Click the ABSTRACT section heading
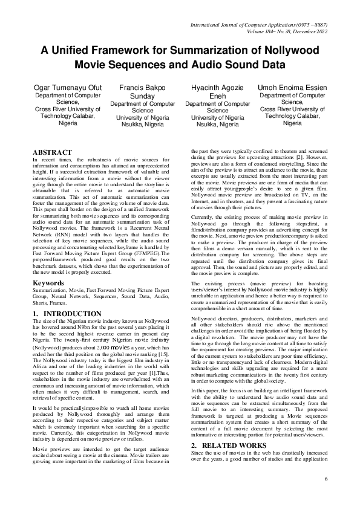(52, 152)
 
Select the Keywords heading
(49, 282)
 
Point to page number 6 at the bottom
(326, 479)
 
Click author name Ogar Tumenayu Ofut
(67, 88)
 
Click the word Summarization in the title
(204, 51)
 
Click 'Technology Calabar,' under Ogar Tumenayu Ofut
(67, 115)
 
